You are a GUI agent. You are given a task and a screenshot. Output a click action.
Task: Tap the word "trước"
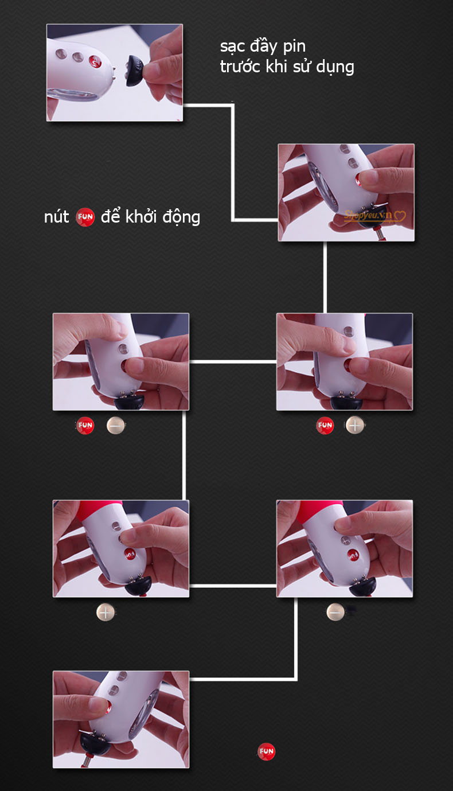pos(240,67)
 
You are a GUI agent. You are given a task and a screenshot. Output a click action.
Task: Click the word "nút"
pos(57,217)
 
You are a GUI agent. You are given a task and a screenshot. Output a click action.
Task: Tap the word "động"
pos(181,217)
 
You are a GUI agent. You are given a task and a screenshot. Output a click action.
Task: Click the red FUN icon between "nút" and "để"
pos(85,217)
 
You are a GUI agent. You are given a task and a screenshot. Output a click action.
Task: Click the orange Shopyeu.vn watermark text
pos(368,215)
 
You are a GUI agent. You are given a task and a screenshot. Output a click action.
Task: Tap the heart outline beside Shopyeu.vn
pos(400,216)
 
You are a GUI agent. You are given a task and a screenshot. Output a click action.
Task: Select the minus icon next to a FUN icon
pos(115,426)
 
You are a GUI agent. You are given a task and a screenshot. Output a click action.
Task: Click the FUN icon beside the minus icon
pos(85,425)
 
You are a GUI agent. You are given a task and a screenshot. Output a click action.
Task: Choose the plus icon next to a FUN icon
pos(355,425)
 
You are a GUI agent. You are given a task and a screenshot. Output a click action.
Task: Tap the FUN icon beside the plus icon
pos(325,425)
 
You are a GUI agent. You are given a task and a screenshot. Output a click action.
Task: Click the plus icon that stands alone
pos(105,612)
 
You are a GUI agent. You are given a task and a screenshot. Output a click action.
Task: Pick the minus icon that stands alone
pos(335,612)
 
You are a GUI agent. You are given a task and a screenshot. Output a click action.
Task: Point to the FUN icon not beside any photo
pos(266,751)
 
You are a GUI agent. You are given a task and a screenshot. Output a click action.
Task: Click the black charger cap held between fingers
pos(135,71)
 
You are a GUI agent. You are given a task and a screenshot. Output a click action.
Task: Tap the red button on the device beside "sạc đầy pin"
pos(95,61)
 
